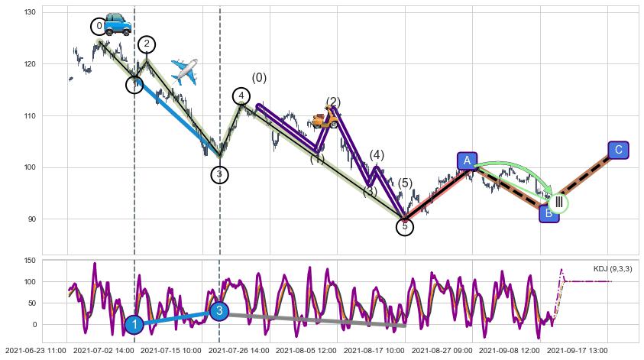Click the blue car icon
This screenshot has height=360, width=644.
pyautogui.click(x=117, y=24)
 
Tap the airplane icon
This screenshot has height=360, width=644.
pyautogui.click(x=184, y=71)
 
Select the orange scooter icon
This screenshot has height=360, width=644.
pyautogui.click(x=325, y=118)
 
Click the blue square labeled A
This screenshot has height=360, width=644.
pyautogui.click(x=467, y=161)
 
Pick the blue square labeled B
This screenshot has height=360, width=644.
pyautogui.click(x=549, y=213)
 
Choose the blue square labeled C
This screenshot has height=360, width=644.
pyautogui.click(x=618, y=150)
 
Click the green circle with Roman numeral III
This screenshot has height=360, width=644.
pyautogui.click(x=558, y=203)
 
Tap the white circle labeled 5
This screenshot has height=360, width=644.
pyautogui.click(x=405, y=226)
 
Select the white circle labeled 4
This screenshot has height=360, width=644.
pyautogui.click(x=241, y=96)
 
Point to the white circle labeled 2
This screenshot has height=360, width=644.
pyautogui.click(x=147, y=44)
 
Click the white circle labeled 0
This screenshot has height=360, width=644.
pyautogui.click(x=99, y=27)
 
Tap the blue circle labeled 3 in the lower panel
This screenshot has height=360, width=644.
pyautogui.click(x=219, y=310)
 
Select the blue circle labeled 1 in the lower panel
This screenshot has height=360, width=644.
pyautogui.click(x=134, y=325)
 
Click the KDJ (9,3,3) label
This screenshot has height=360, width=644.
pyautogui.click(x=612, y=269)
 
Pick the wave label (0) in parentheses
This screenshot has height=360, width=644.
pyautogui.click(x=260, y=78)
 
